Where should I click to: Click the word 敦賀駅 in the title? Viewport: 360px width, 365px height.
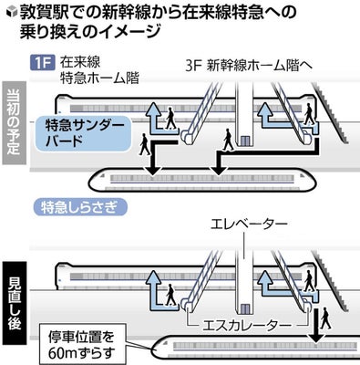(x=46, y=13)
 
